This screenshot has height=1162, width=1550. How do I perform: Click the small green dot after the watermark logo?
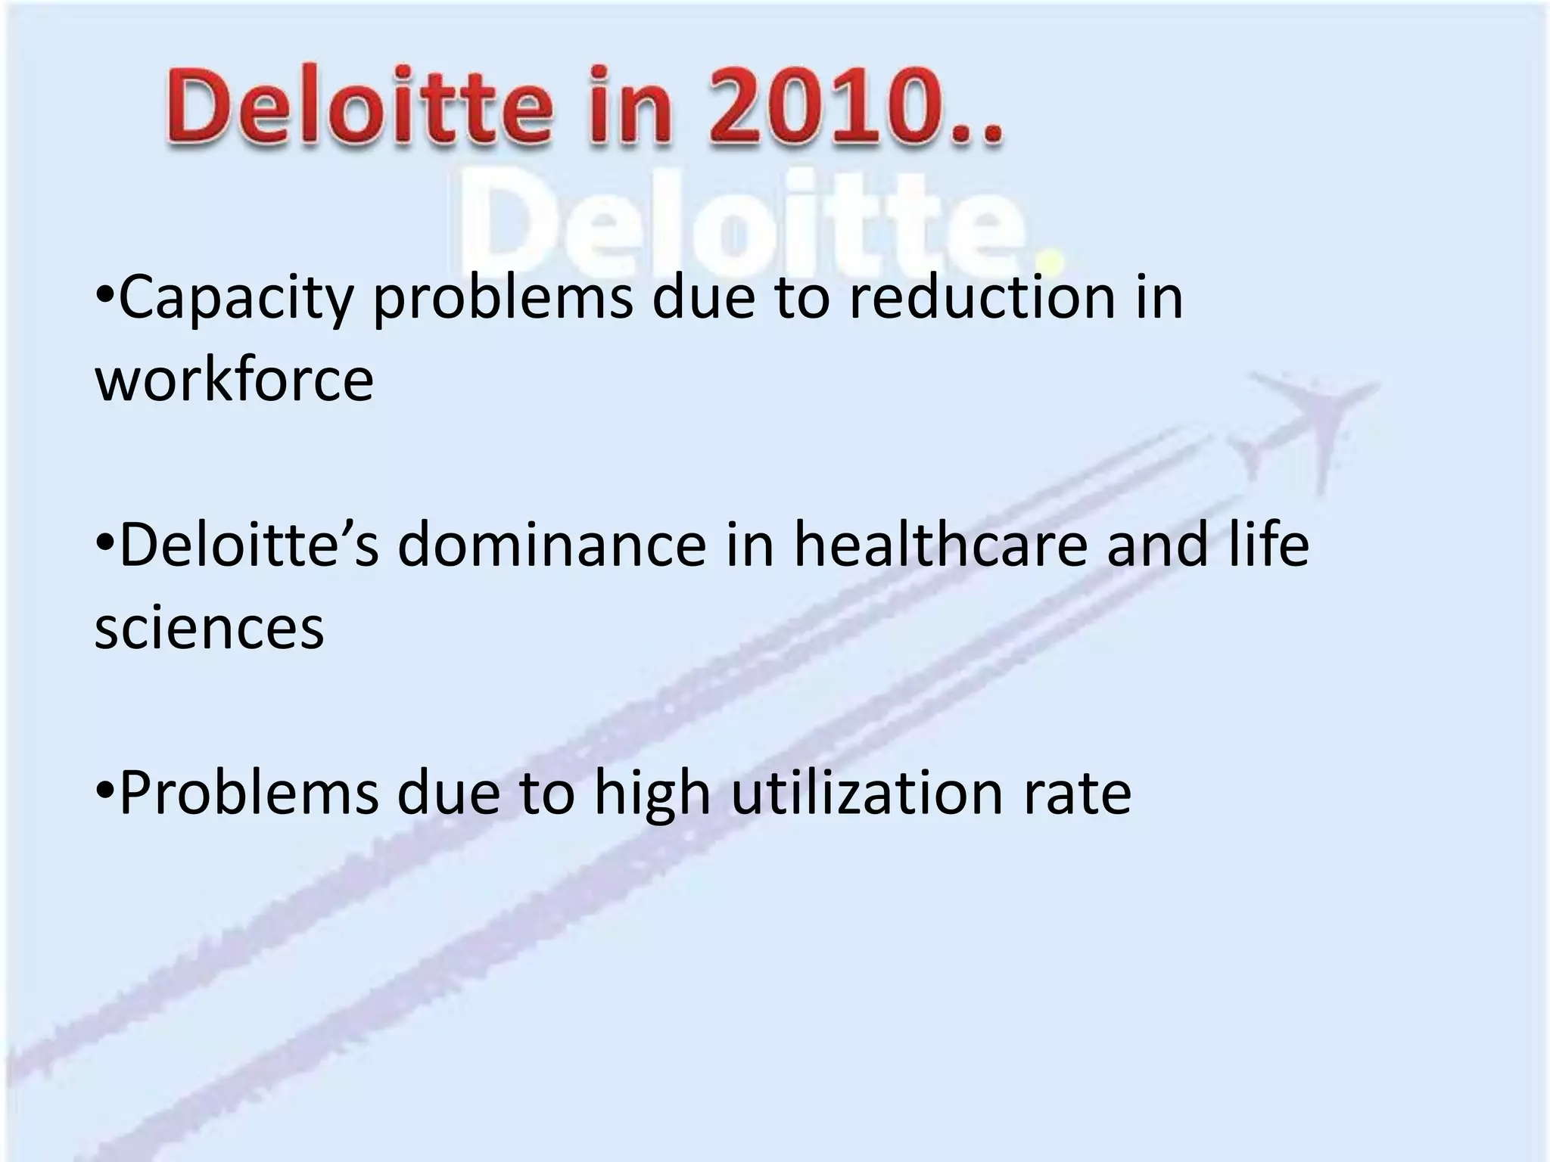(1054, 261)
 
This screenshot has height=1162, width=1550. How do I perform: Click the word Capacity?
(236, 299)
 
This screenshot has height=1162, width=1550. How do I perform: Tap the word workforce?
(235, 380)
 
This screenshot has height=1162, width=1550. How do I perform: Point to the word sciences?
(210, 628)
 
